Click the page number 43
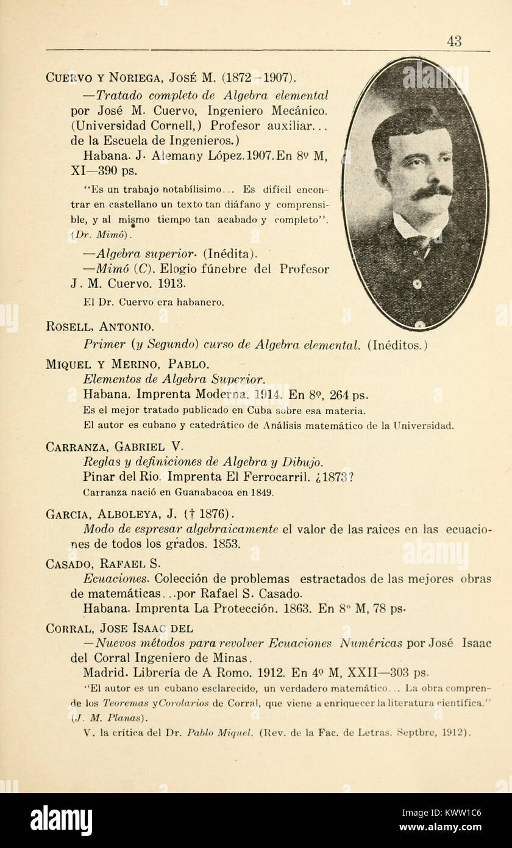[x=453, y=41]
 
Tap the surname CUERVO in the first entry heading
[x=66, y=78]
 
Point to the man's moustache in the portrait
[x=430, y=192]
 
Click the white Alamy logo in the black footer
[x=61, y=820]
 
